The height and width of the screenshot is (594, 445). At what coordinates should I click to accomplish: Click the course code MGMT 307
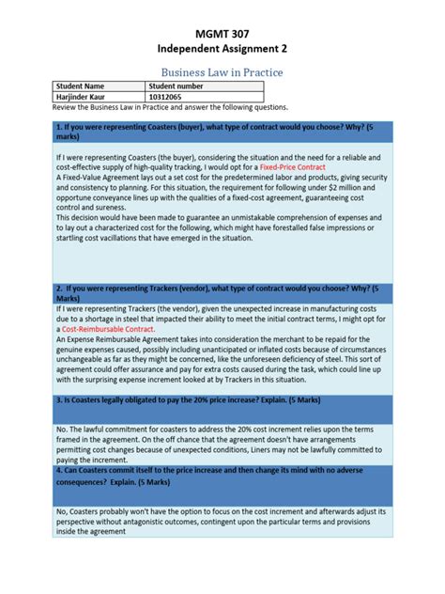tap(222, 32)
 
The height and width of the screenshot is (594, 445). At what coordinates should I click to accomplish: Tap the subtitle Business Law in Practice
tap(222, 71)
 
